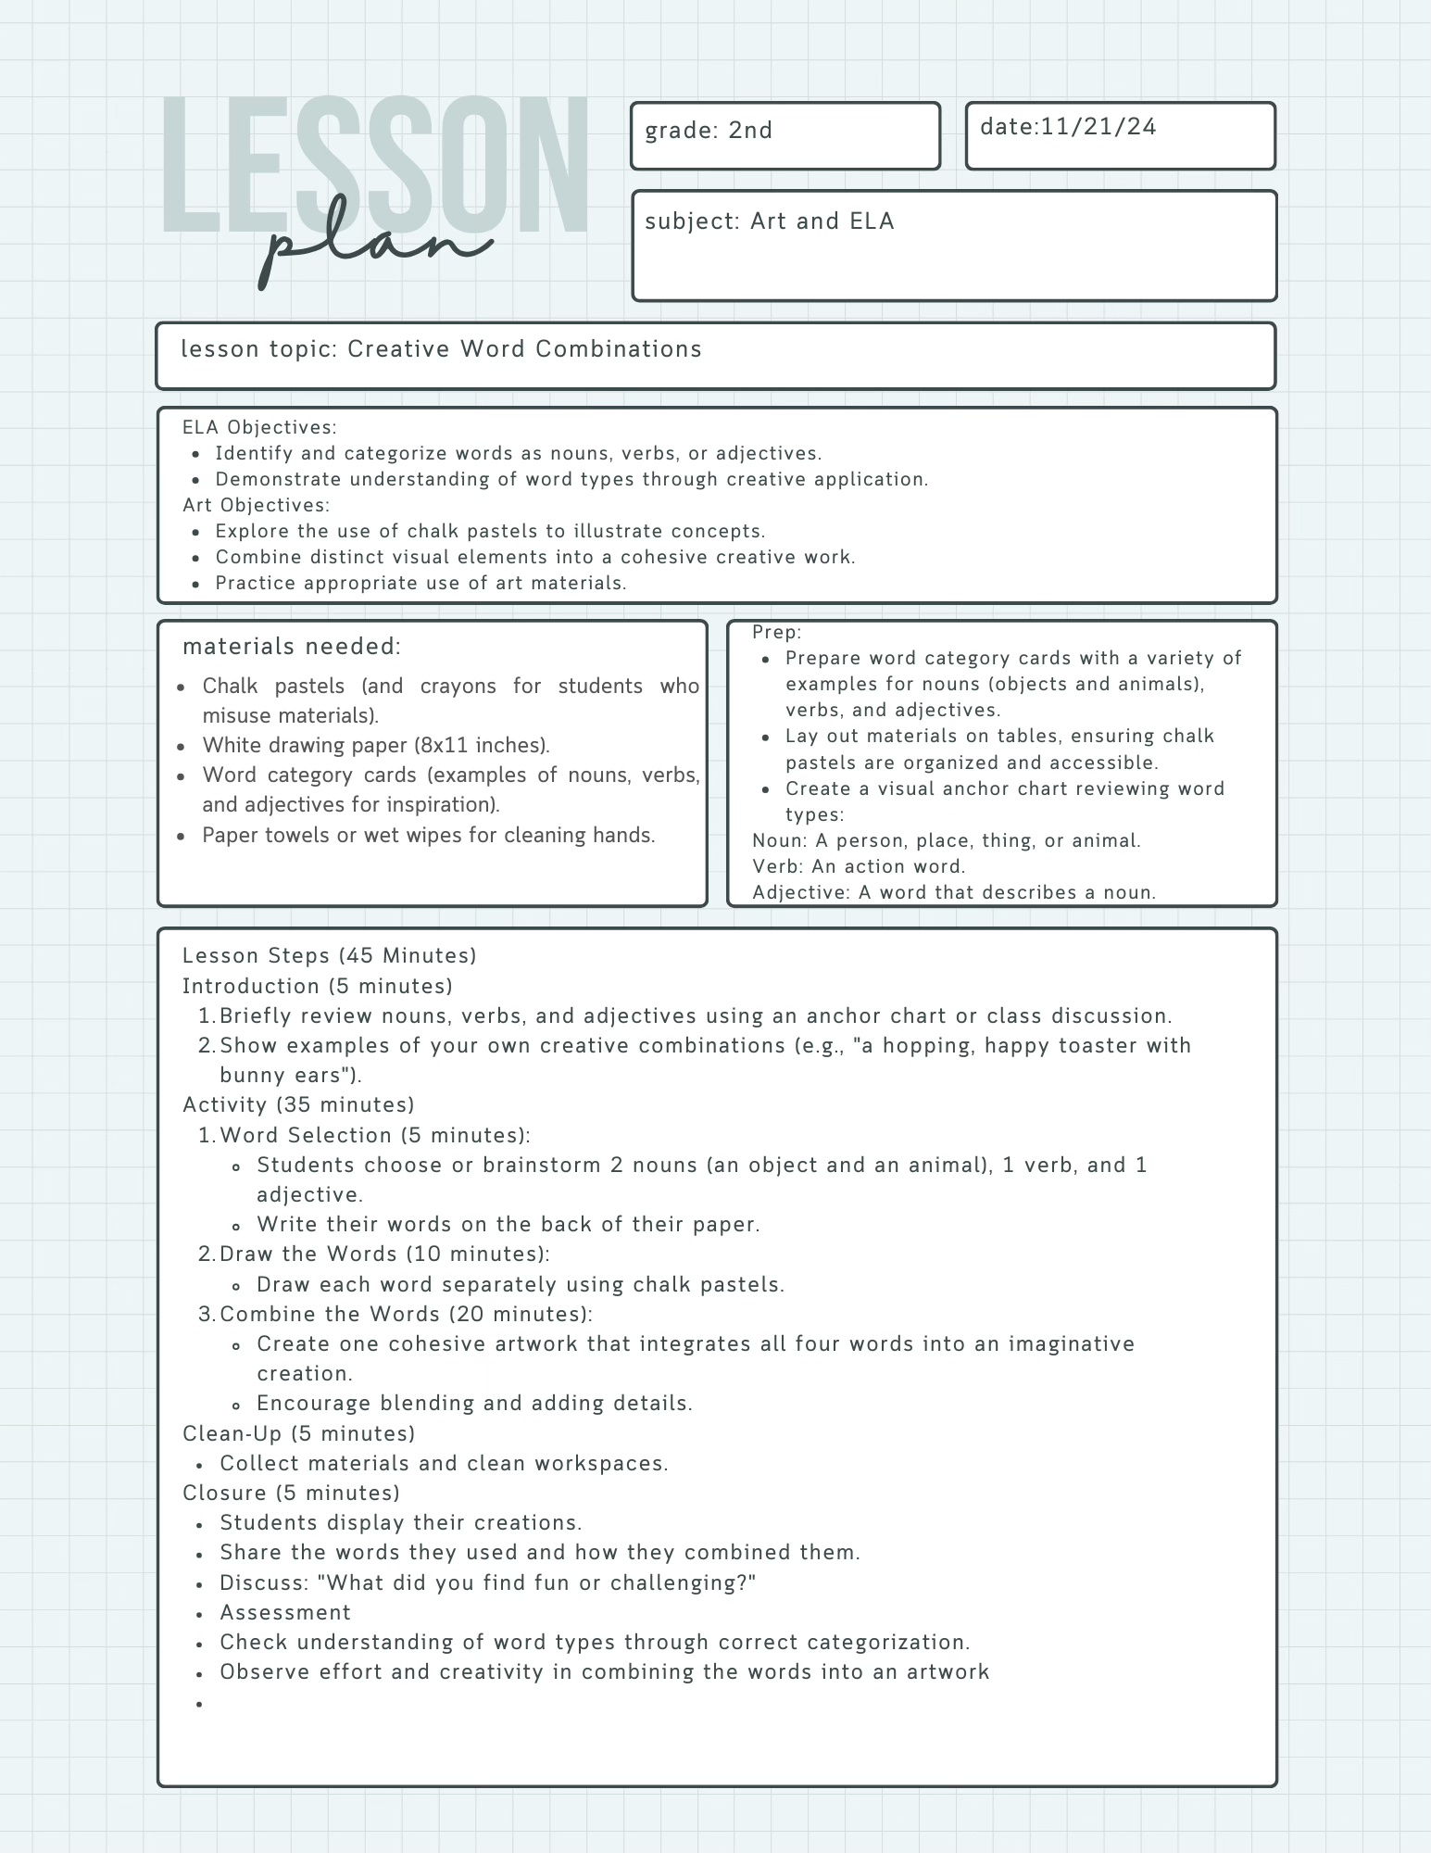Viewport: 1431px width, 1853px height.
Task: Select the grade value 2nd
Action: [x=750, y=131]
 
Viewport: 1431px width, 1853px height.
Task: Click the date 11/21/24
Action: [x=1098, y=127]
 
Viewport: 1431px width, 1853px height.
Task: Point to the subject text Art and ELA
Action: [x=822, y=221]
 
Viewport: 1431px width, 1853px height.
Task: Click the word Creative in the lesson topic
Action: [x=399, y=349]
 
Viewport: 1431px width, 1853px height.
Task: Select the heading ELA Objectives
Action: [x=259, y=427]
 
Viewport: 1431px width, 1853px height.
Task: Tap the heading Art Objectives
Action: [x=256, y=505]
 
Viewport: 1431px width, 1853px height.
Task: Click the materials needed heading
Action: [x=292, y=646]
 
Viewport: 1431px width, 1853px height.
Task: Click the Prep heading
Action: [x=776, y=632]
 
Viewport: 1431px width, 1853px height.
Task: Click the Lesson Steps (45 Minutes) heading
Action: [x=329, y=955]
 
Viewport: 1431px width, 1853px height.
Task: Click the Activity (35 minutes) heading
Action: [x=298, y=1104]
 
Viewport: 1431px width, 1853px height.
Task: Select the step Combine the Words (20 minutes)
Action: [x=406, y=1314]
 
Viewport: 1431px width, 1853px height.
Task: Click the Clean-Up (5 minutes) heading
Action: [x=298, y=1433]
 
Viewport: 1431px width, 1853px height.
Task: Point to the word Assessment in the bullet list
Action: [x=285, y=1612]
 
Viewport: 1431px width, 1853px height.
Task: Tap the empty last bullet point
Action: [x=199, y=1704]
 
